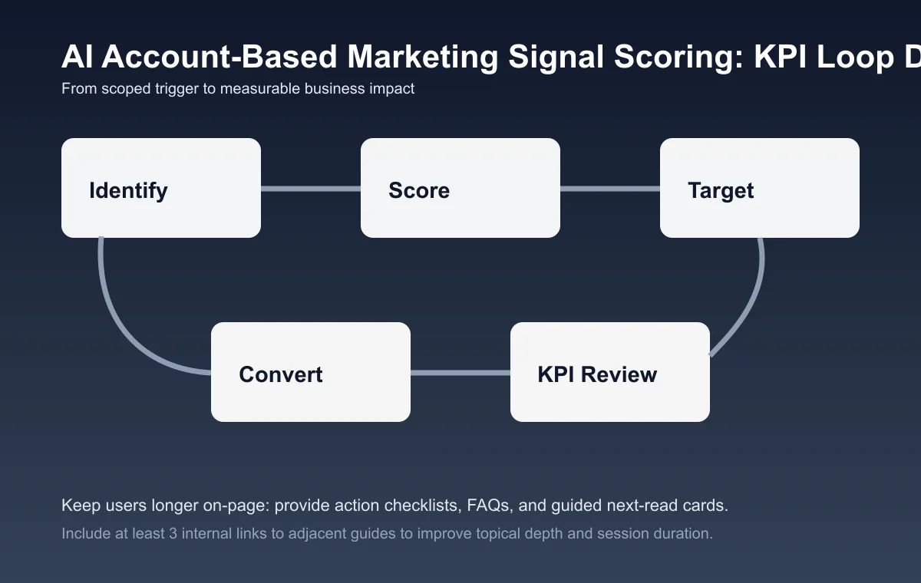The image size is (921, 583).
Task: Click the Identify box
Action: click(161, 188)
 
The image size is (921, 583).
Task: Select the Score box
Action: click(460, 188)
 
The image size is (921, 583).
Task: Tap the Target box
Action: click(760, 188)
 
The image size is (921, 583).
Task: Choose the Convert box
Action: click(311, 372)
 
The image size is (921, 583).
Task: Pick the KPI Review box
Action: click(610, 372)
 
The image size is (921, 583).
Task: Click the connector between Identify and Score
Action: click(311, 189)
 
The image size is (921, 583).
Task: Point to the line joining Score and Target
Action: click(610, 189)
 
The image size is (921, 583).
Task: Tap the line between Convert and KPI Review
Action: click(460, 373)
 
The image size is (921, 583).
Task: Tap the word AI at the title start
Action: click(78, 58)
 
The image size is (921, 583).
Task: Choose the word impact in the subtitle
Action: click(391, 89)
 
